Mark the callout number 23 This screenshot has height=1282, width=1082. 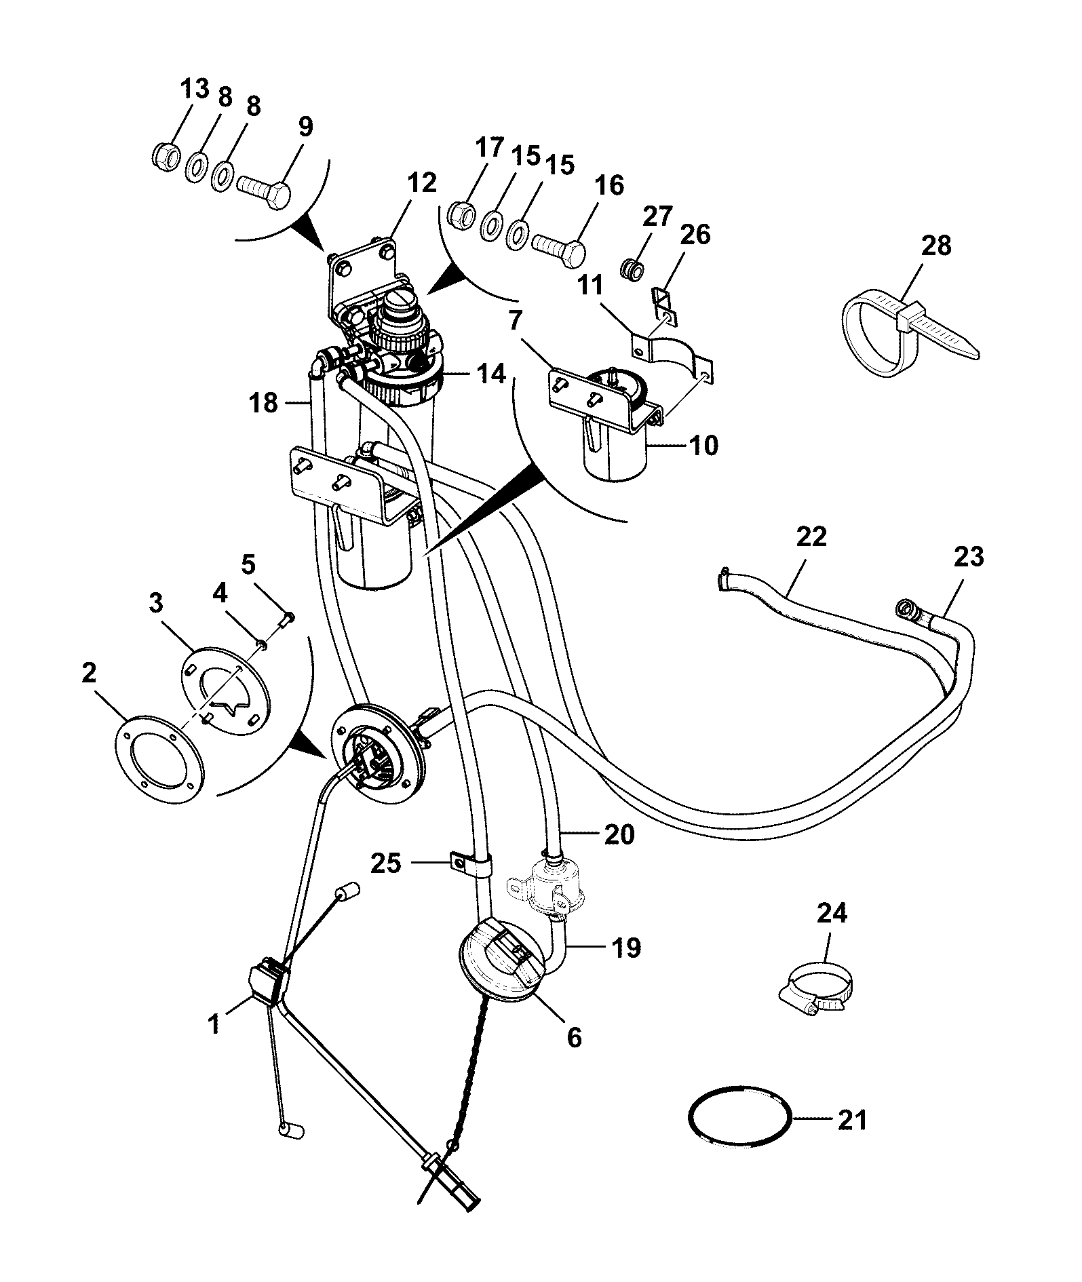pos(968,557)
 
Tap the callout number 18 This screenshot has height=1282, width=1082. pos(263,403)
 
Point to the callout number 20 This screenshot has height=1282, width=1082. pos(619,834)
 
